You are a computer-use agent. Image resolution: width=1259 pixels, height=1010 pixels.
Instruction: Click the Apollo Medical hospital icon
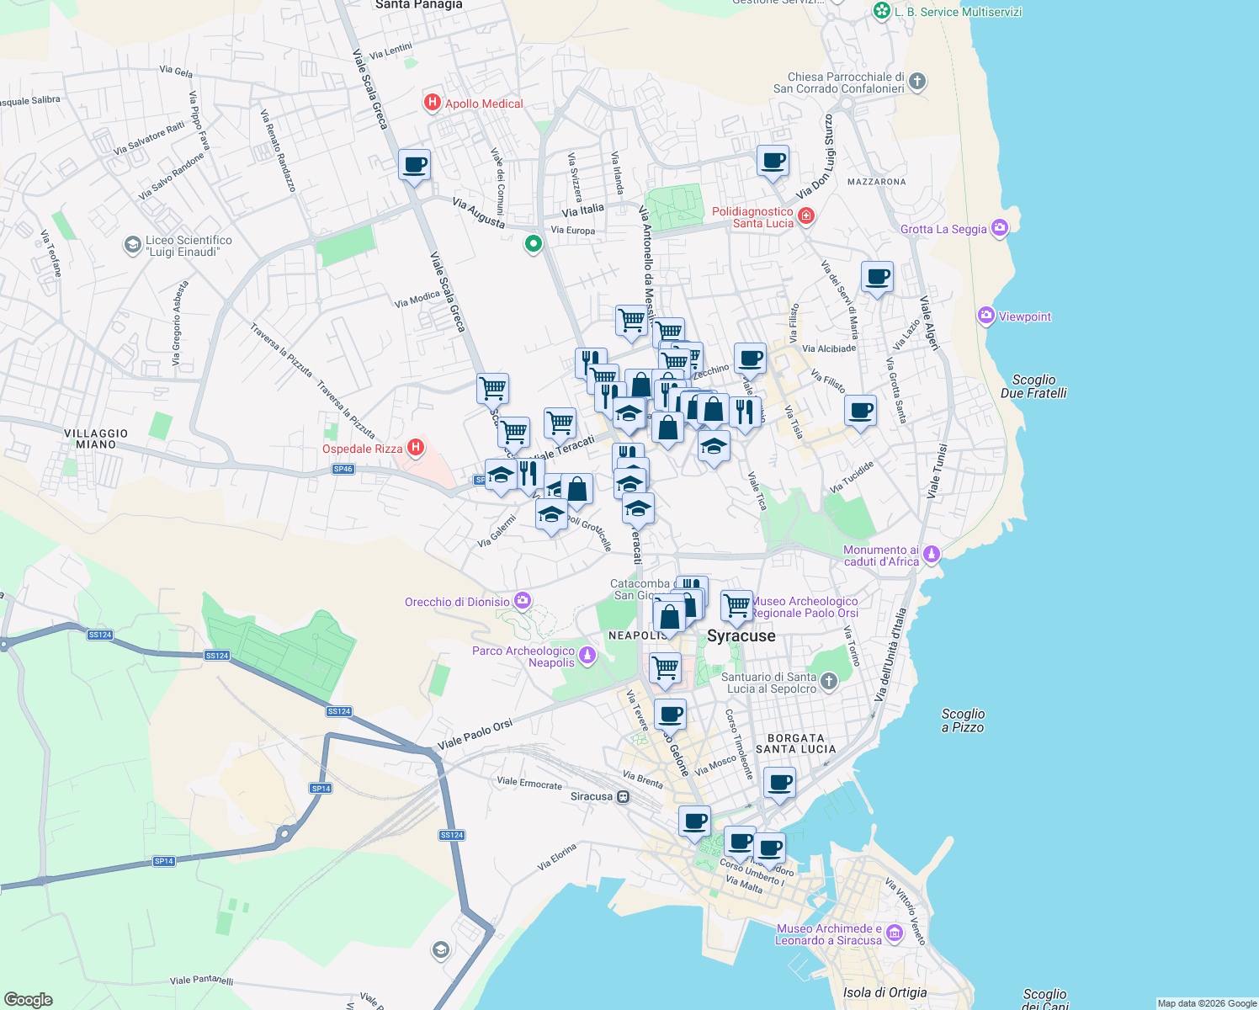coord(433,103)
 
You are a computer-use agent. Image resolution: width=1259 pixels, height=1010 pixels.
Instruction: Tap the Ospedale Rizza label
coord(362,449)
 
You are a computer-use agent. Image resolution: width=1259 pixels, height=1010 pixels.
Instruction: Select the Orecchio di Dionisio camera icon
coord(523,600)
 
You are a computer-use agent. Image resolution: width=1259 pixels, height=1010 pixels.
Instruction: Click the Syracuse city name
coord(741,635)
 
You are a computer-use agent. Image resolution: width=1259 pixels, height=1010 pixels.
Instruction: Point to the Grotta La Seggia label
coord(943,229)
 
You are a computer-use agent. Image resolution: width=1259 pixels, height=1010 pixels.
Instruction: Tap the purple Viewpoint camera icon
coord(986,316)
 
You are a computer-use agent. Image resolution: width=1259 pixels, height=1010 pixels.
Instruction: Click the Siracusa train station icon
coord(623,796)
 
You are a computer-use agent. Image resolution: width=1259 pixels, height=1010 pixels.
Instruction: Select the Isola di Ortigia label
coord(884,992)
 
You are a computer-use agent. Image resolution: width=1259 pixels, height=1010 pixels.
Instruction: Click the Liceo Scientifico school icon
coord(132,245)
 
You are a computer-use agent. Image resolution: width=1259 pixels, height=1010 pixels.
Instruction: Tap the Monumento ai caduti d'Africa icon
coord(931,554)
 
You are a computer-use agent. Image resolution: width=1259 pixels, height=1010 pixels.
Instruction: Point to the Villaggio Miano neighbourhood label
coord(96,439)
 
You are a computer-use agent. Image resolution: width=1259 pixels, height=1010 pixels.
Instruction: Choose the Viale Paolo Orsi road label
coord(475,735)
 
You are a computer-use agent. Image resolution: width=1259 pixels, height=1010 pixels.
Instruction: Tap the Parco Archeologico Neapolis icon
coord(587,656)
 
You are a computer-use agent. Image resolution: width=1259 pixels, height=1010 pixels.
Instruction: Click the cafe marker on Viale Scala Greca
coord(414,164)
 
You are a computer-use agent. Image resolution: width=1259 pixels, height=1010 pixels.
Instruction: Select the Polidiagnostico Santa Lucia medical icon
coord(806,216)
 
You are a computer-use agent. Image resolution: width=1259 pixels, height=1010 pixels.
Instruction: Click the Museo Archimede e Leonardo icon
coord(894,933)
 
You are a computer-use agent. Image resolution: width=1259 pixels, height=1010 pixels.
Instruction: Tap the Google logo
coord(29,999)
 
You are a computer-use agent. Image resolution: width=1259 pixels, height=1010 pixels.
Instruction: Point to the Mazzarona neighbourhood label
coord(876,182)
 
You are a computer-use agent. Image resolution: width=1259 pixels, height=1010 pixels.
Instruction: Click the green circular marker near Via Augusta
coord(533,244)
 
